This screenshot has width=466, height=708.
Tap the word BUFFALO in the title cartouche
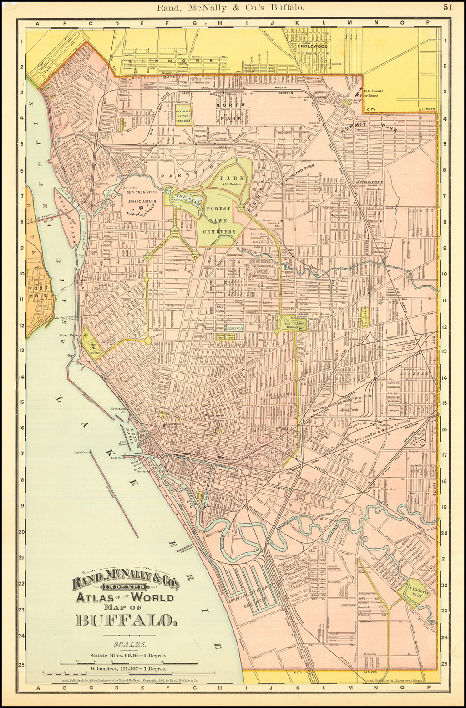tap(126, 620)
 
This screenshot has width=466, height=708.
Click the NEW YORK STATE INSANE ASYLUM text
tap(142, 196)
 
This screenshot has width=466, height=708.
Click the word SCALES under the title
tap(130, 644)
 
